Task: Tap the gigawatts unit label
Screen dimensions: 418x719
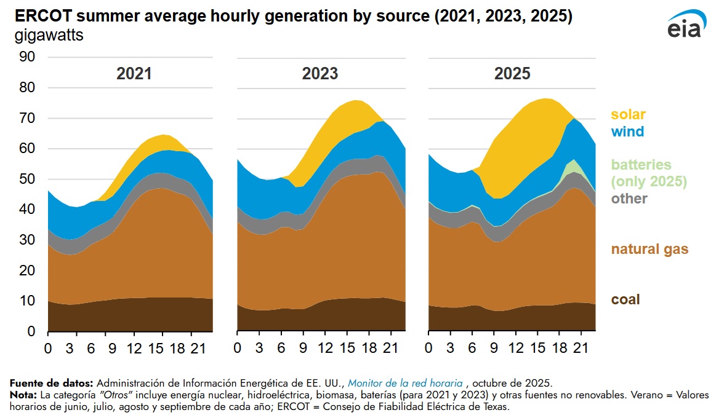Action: (49, 35)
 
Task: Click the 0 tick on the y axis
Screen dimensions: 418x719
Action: (31, 332)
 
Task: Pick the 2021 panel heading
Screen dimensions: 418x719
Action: (134, 74)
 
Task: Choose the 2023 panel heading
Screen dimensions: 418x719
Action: (320, 74)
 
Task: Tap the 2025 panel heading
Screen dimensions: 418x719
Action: (512, 74)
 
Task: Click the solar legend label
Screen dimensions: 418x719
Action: (628, 114)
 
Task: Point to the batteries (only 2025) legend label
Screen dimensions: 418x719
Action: (649, 173)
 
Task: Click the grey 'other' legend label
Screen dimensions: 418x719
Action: (629, 199)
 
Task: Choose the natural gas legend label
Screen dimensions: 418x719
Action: (649, 250)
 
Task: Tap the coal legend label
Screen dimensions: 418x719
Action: (625, 299)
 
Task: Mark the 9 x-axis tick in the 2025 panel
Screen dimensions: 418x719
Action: (494, 349)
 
